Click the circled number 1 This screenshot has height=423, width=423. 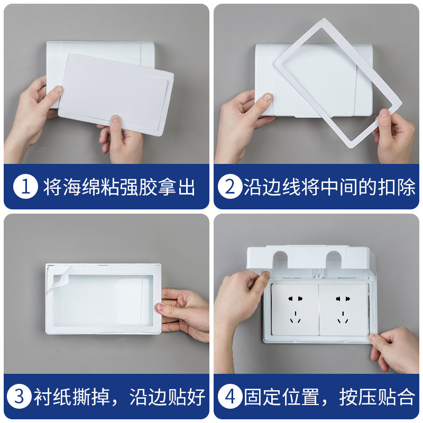coord(24,187)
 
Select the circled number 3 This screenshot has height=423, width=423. coord(20,397)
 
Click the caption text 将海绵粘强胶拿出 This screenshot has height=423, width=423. coord(119,187)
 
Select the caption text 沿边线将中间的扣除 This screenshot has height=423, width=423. coord(329,187)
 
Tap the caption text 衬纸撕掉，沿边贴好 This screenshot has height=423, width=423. coord(119,397)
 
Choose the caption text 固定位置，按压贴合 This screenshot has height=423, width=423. coord(329,397)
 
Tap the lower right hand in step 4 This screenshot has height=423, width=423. coord(394,346)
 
